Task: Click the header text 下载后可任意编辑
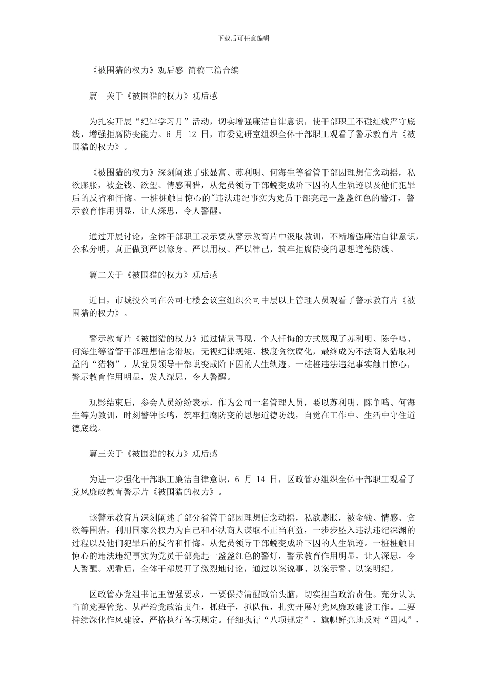243,38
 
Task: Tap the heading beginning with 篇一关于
153,95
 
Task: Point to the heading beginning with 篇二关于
153,275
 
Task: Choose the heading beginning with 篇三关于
153,454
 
